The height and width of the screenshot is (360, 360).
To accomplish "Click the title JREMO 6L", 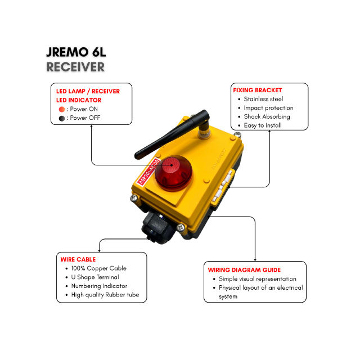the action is coord(76,53).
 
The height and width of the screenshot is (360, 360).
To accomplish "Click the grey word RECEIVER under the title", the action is coord(76,67).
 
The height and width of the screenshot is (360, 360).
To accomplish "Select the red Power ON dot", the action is coord(62,109).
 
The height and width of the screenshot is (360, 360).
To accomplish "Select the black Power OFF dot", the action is coord(62,118).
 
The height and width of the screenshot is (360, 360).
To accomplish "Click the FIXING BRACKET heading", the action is coord(257,90).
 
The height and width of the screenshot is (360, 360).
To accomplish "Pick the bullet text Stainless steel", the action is coord(263,99).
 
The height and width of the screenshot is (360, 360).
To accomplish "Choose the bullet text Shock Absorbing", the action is coord(267,116).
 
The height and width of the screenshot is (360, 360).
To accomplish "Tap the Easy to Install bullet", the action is coord(263,125).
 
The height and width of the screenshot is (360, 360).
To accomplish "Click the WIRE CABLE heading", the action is coord(78,259).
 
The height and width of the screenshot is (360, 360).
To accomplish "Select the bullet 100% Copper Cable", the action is coord(98,268).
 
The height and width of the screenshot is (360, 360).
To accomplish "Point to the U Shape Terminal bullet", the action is coord(95,277).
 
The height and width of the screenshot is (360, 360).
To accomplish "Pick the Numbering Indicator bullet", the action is coord(99,286).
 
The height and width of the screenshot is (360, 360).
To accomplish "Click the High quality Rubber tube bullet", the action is coord(105,295).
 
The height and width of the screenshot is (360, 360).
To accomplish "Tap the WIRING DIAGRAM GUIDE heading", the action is coord(244,270).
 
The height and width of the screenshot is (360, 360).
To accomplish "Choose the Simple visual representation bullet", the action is coord(258,279).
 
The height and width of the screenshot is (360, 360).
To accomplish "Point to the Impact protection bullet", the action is coord(268,108).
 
